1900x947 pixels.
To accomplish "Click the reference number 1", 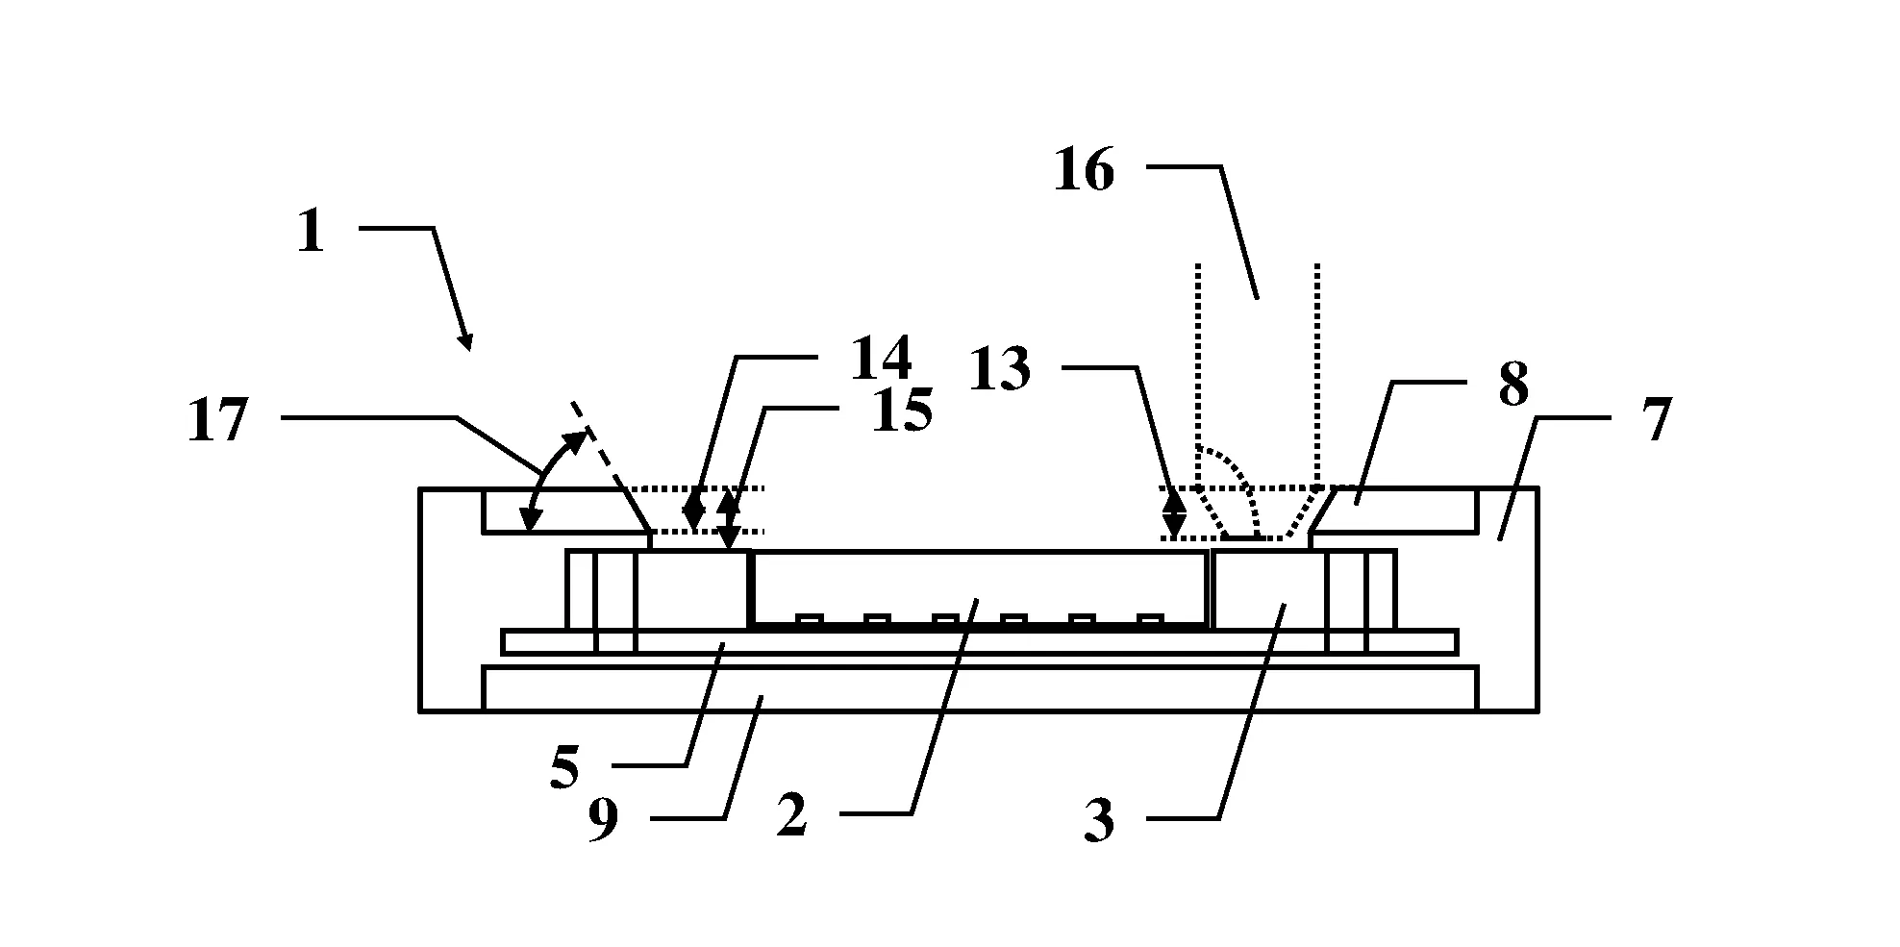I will click(311, 233).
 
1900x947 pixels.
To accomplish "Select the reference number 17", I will click(218, 420).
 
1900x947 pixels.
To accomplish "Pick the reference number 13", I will click(1000, 370).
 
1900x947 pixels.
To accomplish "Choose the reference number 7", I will click(1655, 420).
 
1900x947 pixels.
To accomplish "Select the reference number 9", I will click(603, 822).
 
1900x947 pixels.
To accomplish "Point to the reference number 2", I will click(791, 817).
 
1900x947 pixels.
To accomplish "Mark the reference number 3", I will click(1099, 822).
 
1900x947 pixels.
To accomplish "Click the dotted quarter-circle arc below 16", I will click(1240, 476).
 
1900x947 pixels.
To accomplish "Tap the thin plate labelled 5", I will click(979, 642).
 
